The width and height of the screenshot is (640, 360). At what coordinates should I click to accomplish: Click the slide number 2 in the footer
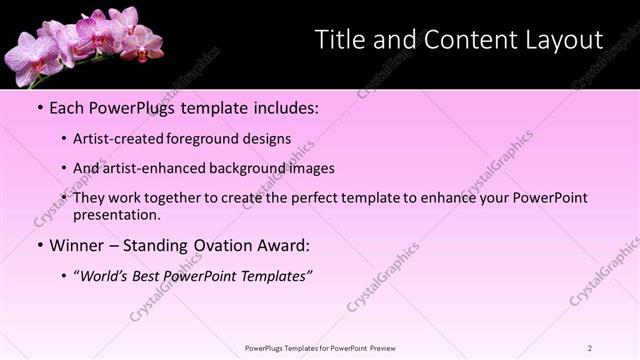[x=590, y=348]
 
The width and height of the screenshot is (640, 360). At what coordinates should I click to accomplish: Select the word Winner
[x=75, y=245]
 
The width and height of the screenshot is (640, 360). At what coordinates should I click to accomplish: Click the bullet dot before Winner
[x=38, y=245]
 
